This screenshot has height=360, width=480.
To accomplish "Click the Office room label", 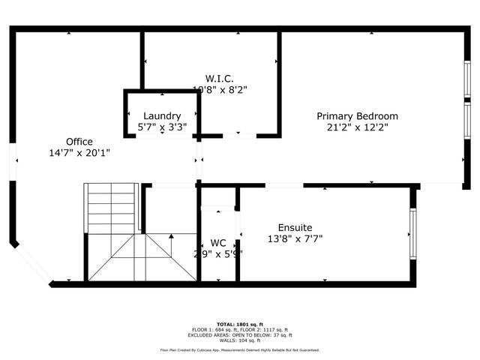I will [79, 142].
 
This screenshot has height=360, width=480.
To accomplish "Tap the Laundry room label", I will [162, 116].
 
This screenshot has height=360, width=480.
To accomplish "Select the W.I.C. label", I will [220, 78].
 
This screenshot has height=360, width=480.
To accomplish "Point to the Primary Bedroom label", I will [357, 116].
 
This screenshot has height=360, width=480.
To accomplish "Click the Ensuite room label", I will [295, 227].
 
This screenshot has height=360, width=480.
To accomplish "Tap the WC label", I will [218, 243].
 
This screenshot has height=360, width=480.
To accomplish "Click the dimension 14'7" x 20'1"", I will [79, 153].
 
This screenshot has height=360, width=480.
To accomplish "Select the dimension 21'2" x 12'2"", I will [357, 127].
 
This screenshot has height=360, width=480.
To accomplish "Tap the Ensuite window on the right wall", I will [412, 233].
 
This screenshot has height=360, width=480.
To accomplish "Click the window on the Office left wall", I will [12, 161].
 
